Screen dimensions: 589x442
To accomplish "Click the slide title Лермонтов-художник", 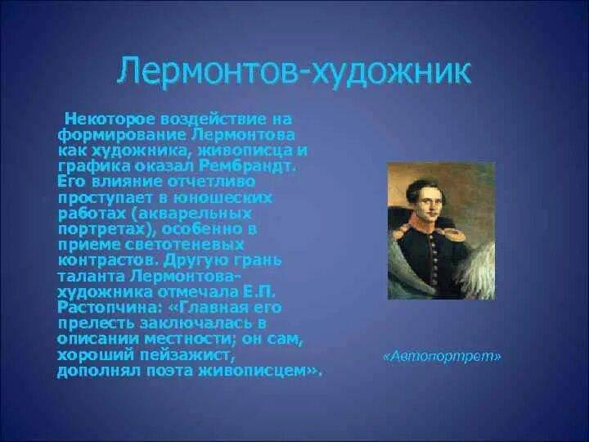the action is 294,71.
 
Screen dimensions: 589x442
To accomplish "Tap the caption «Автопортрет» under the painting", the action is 442,355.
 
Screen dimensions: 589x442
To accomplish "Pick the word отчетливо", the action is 211,182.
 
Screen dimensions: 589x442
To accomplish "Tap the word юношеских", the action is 227,198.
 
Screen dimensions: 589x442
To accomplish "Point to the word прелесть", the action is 96,323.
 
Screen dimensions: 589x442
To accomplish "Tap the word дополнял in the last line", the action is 99,372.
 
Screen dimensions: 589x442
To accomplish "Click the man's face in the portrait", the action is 428,203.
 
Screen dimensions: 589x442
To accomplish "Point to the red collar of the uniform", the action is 424,226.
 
